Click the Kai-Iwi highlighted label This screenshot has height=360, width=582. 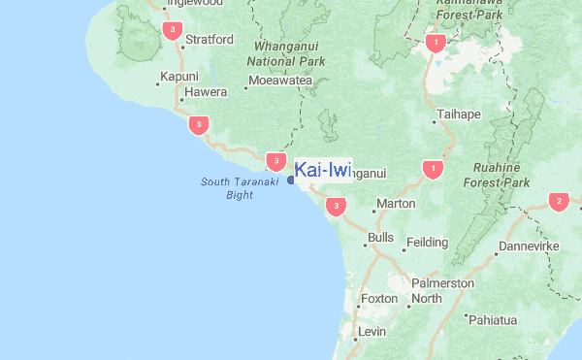click(x=322, y=171)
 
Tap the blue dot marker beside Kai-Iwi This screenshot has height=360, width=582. click(x=291, y=178)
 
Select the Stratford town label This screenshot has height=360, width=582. click(x=210, y=40)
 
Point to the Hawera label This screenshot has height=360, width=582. click(x=206, y=93)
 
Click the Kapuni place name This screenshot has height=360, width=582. click(x=179, y=77)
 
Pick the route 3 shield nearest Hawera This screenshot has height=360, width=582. click(x=199, y=124)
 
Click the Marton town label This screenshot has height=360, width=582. click(x=395, y=205)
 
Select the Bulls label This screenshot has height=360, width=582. click(x=380, y=238)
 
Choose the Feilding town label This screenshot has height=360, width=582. click(x=427, y=243)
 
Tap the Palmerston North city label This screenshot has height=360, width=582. click(x=442, y=290)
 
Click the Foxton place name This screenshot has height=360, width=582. click(x=378, y=299)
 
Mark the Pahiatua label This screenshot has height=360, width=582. click(x=494, y=319)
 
